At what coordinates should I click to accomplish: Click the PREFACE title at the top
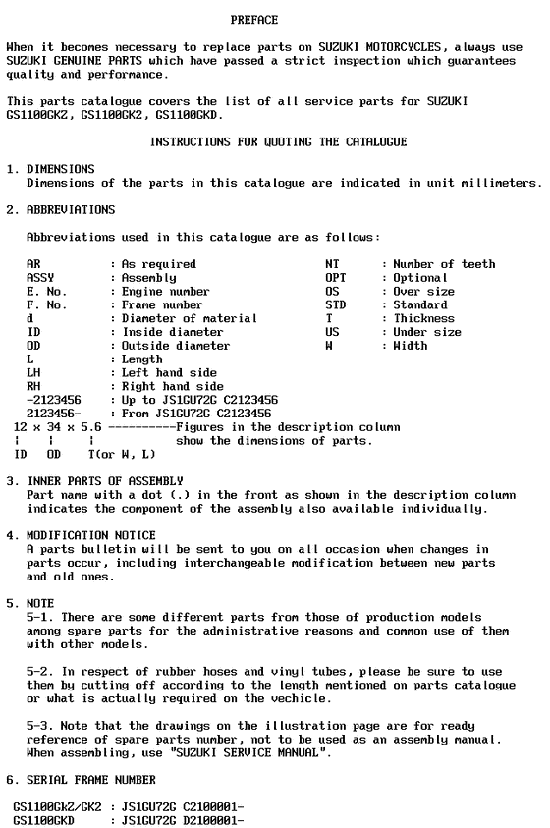click(253, 20)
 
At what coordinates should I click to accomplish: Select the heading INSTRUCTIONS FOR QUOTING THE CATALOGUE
click(278, 142)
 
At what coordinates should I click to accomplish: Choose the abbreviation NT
click(332, 264)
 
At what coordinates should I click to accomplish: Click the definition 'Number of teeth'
click(444, 264)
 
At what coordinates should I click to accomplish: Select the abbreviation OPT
click(335, 278)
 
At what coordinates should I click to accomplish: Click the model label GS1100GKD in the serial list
click(44, 819)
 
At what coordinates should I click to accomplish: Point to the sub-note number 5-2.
click(37, 671)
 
